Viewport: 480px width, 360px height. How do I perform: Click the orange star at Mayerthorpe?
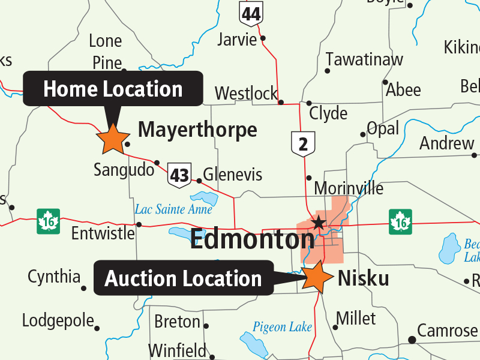(x=112, y=139)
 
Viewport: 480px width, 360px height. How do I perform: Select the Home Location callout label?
(x=113, y=89)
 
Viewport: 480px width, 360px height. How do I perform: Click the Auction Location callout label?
(x=183, y=278)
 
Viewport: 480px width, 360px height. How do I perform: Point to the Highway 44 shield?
(x=250, y=13)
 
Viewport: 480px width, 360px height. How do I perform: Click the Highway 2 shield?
(x=303, y=144)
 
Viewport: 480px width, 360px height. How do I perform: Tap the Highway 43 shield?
(x=179, y=175)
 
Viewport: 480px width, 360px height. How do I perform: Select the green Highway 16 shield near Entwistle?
(x=47, y=220)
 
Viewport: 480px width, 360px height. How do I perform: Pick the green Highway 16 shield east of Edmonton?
(x=400, y=220)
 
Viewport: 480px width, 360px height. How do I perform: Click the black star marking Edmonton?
(x=319, y=224)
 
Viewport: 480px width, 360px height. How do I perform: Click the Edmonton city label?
(x=252, y=239)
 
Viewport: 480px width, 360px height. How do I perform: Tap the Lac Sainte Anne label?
(x=173, y=209)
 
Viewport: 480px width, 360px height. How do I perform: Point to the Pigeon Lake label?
(x=282, y=327)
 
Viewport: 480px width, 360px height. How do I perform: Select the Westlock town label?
(x=246, y=94)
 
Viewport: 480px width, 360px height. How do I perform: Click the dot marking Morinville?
(x=308, y=178)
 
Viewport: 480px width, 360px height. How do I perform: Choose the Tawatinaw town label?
(x=364, y=59)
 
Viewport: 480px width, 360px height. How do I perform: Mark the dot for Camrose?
(x=412, y=340)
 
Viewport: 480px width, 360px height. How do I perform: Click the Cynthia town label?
(x=54, y=277)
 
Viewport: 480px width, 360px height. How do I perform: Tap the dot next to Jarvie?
(x=262, y=39)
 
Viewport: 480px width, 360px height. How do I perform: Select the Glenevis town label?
(x=233, y=175)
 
